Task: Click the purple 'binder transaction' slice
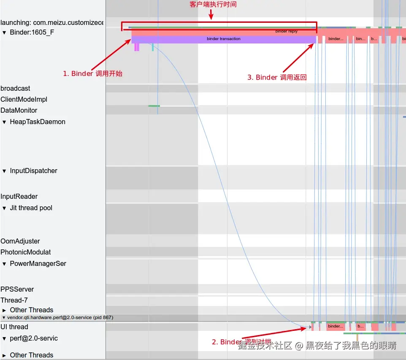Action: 223,39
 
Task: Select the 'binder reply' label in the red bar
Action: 287,31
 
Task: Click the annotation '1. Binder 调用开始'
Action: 92,73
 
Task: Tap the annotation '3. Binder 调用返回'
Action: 277,77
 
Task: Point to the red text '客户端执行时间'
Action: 213,5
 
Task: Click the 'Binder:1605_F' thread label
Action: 32,32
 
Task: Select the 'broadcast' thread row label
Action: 15,88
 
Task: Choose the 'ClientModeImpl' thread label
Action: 24,99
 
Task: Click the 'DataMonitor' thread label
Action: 19,110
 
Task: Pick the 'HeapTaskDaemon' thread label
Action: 38,122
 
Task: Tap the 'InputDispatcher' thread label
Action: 33,171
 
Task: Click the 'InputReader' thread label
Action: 19,196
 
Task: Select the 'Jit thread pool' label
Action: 31,208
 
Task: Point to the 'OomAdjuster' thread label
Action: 20,241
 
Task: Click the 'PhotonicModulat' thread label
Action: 26,252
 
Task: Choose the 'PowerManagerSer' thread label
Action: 38,263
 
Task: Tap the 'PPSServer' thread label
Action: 17,289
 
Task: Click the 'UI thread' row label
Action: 14,327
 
